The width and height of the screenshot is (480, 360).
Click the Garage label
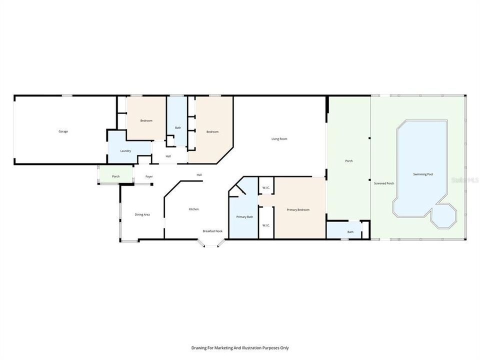click(x=63, y=131)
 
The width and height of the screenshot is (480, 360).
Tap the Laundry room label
click(x=125, y=151)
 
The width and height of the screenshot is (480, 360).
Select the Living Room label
click(x=279, y=139)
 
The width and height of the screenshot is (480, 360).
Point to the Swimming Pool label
click(x=422, y=174)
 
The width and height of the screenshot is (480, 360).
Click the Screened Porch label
click(x=384, y=183)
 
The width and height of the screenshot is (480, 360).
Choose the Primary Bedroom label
click(x=298, y=210)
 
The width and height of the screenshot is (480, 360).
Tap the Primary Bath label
click(x=244, y=216)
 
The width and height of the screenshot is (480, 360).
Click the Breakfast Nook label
click(x=212, y=231)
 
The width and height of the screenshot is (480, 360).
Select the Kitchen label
click(x=193, y=209)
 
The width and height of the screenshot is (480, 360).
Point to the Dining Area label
click(x=142, y=214)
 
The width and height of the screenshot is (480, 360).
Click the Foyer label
click(x=149, y=176)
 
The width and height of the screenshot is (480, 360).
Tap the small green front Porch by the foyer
click(x=115, y=176)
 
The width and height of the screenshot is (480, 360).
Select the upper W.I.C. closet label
click(x=266, y=188)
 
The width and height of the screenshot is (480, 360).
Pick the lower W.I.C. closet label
click(x=266, y=225)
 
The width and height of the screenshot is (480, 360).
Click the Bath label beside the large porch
click(x=350, y=231)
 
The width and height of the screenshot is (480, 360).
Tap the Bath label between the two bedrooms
click(x=178, y=128)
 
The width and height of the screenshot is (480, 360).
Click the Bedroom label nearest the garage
click(x=146, y=120)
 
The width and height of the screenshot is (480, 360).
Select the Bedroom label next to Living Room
click(x=212, y=131)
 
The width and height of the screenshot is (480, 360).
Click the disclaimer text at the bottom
click(x=240, y=347)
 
